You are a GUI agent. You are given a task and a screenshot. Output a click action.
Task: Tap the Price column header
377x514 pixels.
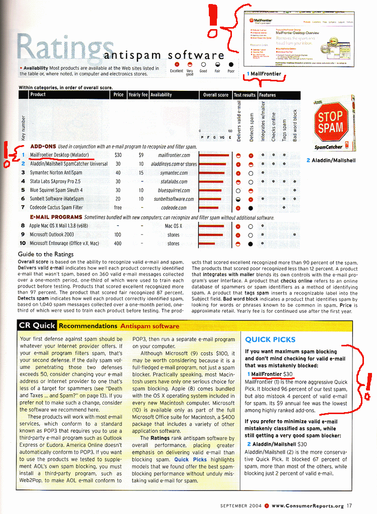coord(118,94)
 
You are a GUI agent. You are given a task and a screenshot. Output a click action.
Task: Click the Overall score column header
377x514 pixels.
coord(215,94)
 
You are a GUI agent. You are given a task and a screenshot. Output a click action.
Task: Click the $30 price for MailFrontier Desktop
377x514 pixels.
coord(118,155)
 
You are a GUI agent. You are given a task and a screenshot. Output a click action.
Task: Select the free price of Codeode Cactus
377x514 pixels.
coord(118,208)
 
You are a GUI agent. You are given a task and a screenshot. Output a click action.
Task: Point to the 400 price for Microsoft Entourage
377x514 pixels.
coord(118,243)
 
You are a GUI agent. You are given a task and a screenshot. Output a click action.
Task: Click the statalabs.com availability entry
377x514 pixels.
coord(174,182)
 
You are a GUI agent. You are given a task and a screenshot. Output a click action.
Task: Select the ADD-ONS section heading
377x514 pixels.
coord(43,147)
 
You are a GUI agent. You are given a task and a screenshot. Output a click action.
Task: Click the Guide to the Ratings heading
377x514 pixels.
coord(46,254)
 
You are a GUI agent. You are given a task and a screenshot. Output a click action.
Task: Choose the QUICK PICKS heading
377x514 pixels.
coord(270,339)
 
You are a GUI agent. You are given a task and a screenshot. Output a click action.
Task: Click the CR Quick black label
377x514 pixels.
coord(37,325)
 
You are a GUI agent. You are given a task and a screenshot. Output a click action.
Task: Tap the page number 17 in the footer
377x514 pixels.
coord(349,505)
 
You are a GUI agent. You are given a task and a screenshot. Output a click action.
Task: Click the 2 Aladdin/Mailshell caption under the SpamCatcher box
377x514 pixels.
coord(331,160)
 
